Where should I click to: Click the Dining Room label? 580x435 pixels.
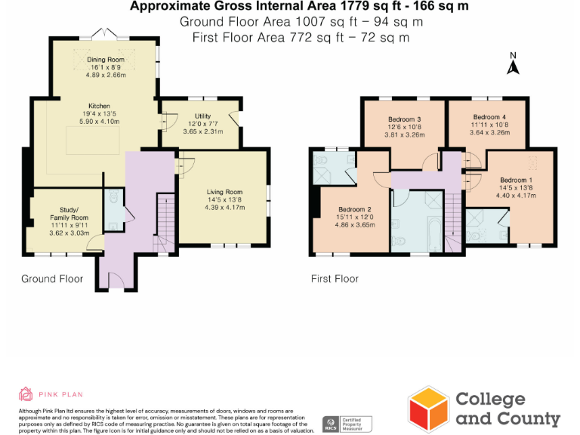106,59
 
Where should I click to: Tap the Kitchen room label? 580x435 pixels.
99,106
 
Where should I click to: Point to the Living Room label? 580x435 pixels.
224,192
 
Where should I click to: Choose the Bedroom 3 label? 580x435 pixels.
404,119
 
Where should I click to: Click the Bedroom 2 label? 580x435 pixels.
354,209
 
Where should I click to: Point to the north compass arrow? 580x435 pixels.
512,67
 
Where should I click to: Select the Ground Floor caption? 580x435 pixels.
52,279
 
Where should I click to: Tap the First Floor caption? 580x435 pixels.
335,279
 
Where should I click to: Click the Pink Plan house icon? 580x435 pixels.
26,393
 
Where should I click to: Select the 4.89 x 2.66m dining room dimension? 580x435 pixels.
106,76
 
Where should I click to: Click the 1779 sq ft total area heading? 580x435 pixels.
299,7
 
